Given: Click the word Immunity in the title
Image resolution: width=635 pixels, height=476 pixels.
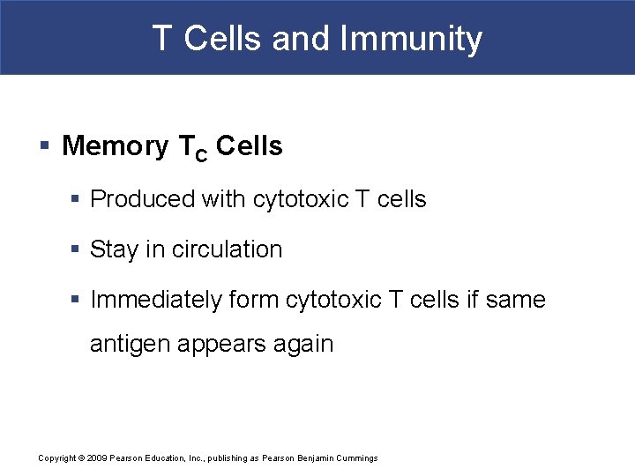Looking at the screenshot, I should tap(411, 39).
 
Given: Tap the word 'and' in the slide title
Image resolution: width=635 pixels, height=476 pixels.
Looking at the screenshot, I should tap(301, 39).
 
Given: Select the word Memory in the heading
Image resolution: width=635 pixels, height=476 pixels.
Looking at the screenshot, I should tap(115, 145).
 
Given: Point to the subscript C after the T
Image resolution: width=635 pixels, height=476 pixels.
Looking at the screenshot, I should tap(200, 153).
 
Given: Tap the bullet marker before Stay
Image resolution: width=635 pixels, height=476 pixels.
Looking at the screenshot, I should tap(77, 250).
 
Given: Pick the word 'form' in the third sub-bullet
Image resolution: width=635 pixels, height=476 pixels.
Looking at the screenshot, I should tap(253, 300).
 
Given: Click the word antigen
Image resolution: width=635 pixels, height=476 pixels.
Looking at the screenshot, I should tap(130, 344).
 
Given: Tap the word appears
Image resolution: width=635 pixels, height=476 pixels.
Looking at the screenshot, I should tap(221, 344).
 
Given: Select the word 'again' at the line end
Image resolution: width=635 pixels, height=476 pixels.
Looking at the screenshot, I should tap(303, 344).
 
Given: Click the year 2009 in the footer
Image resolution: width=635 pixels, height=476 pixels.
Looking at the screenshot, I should tap(97, 458).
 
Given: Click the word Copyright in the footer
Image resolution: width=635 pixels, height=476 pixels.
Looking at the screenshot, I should tap(56, 458).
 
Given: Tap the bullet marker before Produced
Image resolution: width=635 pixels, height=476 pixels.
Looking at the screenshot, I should tap(77, 200).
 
